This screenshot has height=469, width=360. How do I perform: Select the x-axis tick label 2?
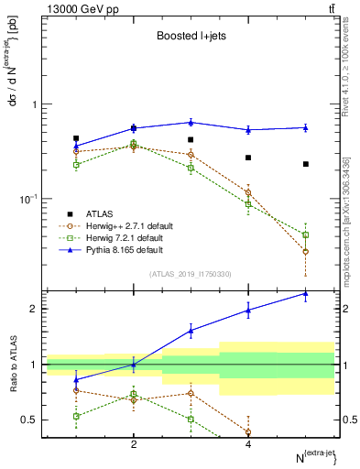click(x=134, y=444)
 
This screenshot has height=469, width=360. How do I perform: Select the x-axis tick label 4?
click(x=248, y=444)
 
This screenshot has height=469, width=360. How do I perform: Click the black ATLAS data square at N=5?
click(x=306, y=164)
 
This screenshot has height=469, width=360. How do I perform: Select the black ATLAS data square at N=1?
click(x=76, y=138)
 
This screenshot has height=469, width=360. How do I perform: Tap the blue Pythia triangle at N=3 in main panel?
click(x=191, y=122)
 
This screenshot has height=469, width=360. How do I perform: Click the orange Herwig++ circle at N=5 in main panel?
click(x=306, y=251)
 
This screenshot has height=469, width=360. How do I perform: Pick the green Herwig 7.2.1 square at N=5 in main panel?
click(x=306, y=235)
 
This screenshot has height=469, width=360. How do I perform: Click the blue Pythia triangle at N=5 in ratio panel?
click(x=306, y=293)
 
